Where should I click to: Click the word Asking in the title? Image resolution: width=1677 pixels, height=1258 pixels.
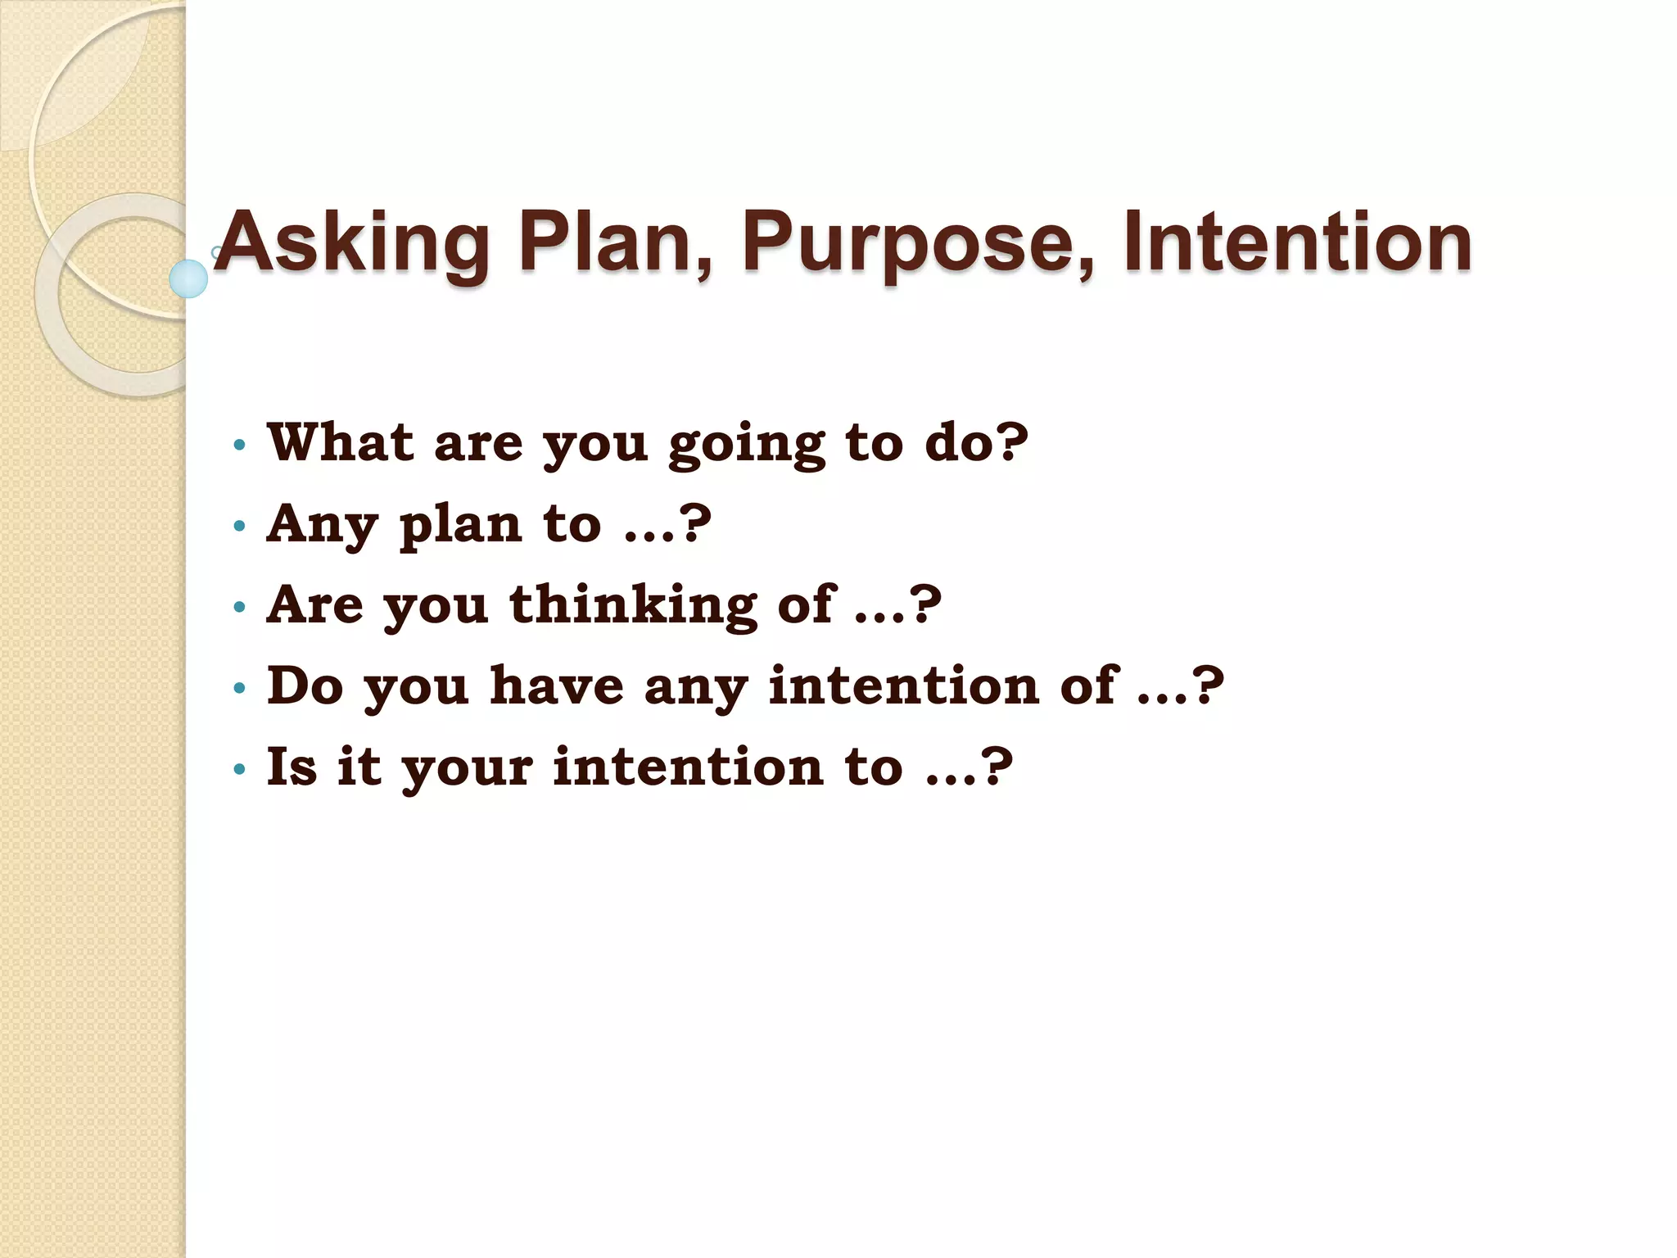click(352, 242)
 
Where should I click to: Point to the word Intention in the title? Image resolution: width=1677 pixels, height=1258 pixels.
click(1298, 242)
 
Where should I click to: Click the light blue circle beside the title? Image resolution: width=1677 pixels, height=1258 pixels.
click(188, 278)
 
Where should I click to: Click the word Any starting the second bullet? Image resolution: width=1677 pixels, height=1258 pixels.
click(322, 525)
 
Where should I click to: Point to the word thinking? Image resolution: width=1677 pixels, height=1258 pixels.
click(632, 606)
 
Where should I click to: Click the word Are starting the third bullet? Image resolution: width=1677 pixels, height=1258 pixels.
click(315, 604)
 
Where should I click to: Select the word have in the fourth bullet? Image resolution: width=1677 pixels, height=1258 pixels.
click(557, 686)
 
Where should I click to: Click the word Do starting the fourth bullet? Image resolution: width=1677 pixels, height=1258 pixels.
click(305, 686)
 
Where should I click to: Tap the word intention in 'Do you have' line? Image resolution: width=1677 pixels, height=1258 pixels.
click(904, 686)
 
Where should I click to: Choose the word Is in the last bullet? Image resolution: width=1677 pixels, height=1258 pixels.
click(292, 767)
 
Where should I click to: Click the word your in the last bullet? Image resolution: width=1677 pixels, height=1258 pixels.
click(468, 770)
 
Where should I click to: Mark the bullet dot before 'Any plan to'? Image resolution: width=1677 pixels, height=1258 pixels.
click(239, 526)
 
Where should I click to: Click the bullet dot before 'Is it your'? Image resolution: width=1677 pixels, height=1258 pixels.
click(239, 769)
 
